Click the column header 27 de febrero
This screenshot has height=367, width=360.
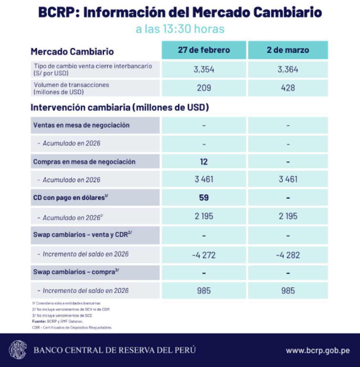tap(204, 50)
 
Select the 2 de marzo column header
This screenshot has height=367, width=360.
tap(288, 50)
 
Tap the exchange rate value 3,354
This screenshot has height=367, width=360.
tap(204, 69)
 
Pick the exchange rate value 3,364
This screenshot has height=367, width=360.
tap(288, 69)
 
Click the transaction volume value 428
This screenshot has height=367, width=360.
tap(288, 88)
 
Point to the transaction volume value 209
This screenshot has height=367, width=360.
tap(204, 88)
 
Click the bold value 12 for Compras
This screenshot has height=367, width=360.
tap(204, 161)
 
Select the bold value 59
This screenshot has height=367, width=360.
tap(204, 198)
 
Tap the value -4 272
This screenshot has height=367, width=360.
tap(204, 255)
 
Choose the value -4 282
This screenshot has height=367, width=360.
tap(288, 255)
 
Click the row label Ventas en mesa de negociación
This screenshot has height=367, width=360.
tap(81, 125)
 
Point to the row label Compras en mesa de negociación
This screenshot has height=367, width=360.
tap(84, 162)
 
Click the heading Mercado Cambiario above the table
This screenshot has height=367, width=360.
tap(72, 51)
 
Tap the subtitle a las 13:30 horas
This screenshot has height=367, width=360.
tap(180, 29)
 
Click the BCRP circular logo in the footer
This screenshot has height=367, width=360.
tap(18, 350)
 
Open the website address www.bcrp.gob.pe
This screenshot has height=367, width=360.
tap(318, 350)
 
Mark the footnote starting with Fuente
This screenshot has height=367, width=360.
tap(58, 321)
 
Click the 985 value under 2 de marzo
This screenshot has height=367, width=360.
tap(288, 291)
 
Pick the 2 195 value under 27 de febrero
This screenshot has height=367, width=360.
tap(204, 216)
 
